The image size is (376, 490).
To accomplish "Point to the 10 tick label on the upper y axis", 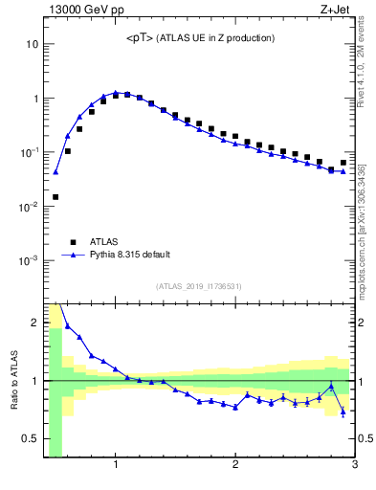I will coord(33,45).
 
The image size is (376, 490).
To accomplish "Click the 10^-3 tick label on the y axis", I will coord(30,260).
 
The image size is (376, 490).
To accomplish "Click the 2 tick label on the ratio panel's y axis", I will coord(34,323).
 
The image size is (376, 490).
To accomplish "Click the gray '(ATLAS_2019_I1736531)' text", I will coord(199,286).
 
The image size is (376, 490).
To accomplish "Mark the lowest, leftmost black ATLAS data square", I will coord(55,197).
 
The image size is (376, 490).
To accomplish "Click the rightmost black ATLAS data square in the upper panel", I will coord(343,163).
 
